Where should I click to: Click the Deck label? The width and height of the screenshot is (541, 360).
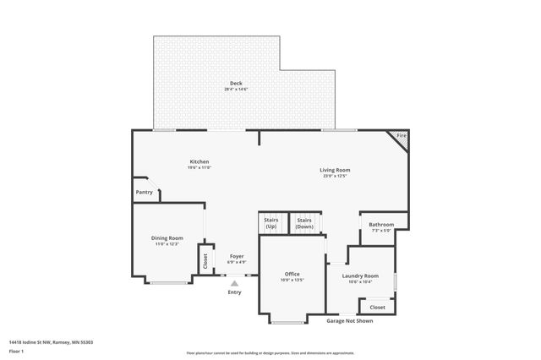[x=236, y=82]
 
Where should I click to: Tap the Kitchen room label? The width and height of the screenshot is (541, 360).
[x=199, y=161]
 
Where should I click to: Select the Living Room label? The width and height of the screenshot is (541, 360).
[x=335, y=170]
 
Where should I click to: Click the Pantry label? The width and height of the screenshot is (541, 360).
[x=145, y=193]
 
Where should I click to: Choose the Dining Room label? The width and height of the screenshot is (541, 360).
[x=167, y=238]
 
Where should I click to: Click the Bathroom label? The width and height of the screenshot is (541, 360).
[x=381, y=225]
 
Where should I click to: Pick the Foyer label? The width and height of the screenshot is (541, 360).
[x=237, y=255]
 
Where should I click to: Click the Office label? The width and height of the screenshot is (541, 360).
[x=292, y=274]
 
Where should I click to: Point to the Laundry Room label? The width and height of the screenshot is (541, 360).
[x=360, y=276]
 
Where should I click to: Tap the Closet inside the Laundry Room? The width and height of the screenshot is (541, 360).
[x=378, y=308]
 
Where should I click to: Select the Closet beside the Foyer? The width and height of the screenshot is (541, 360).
[x=205, y=258]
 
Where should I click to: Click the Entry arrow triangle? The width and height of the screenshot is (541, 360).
[x=235, y=284]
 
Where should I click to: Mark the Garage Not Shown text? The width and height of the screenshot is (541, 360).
[x=350, y=321]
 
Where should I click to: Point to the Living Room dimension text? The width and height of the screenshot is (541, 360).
[x=335, y=176]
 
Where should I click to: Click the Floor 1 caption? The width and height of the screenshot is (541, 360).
[x=17, y=351]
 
